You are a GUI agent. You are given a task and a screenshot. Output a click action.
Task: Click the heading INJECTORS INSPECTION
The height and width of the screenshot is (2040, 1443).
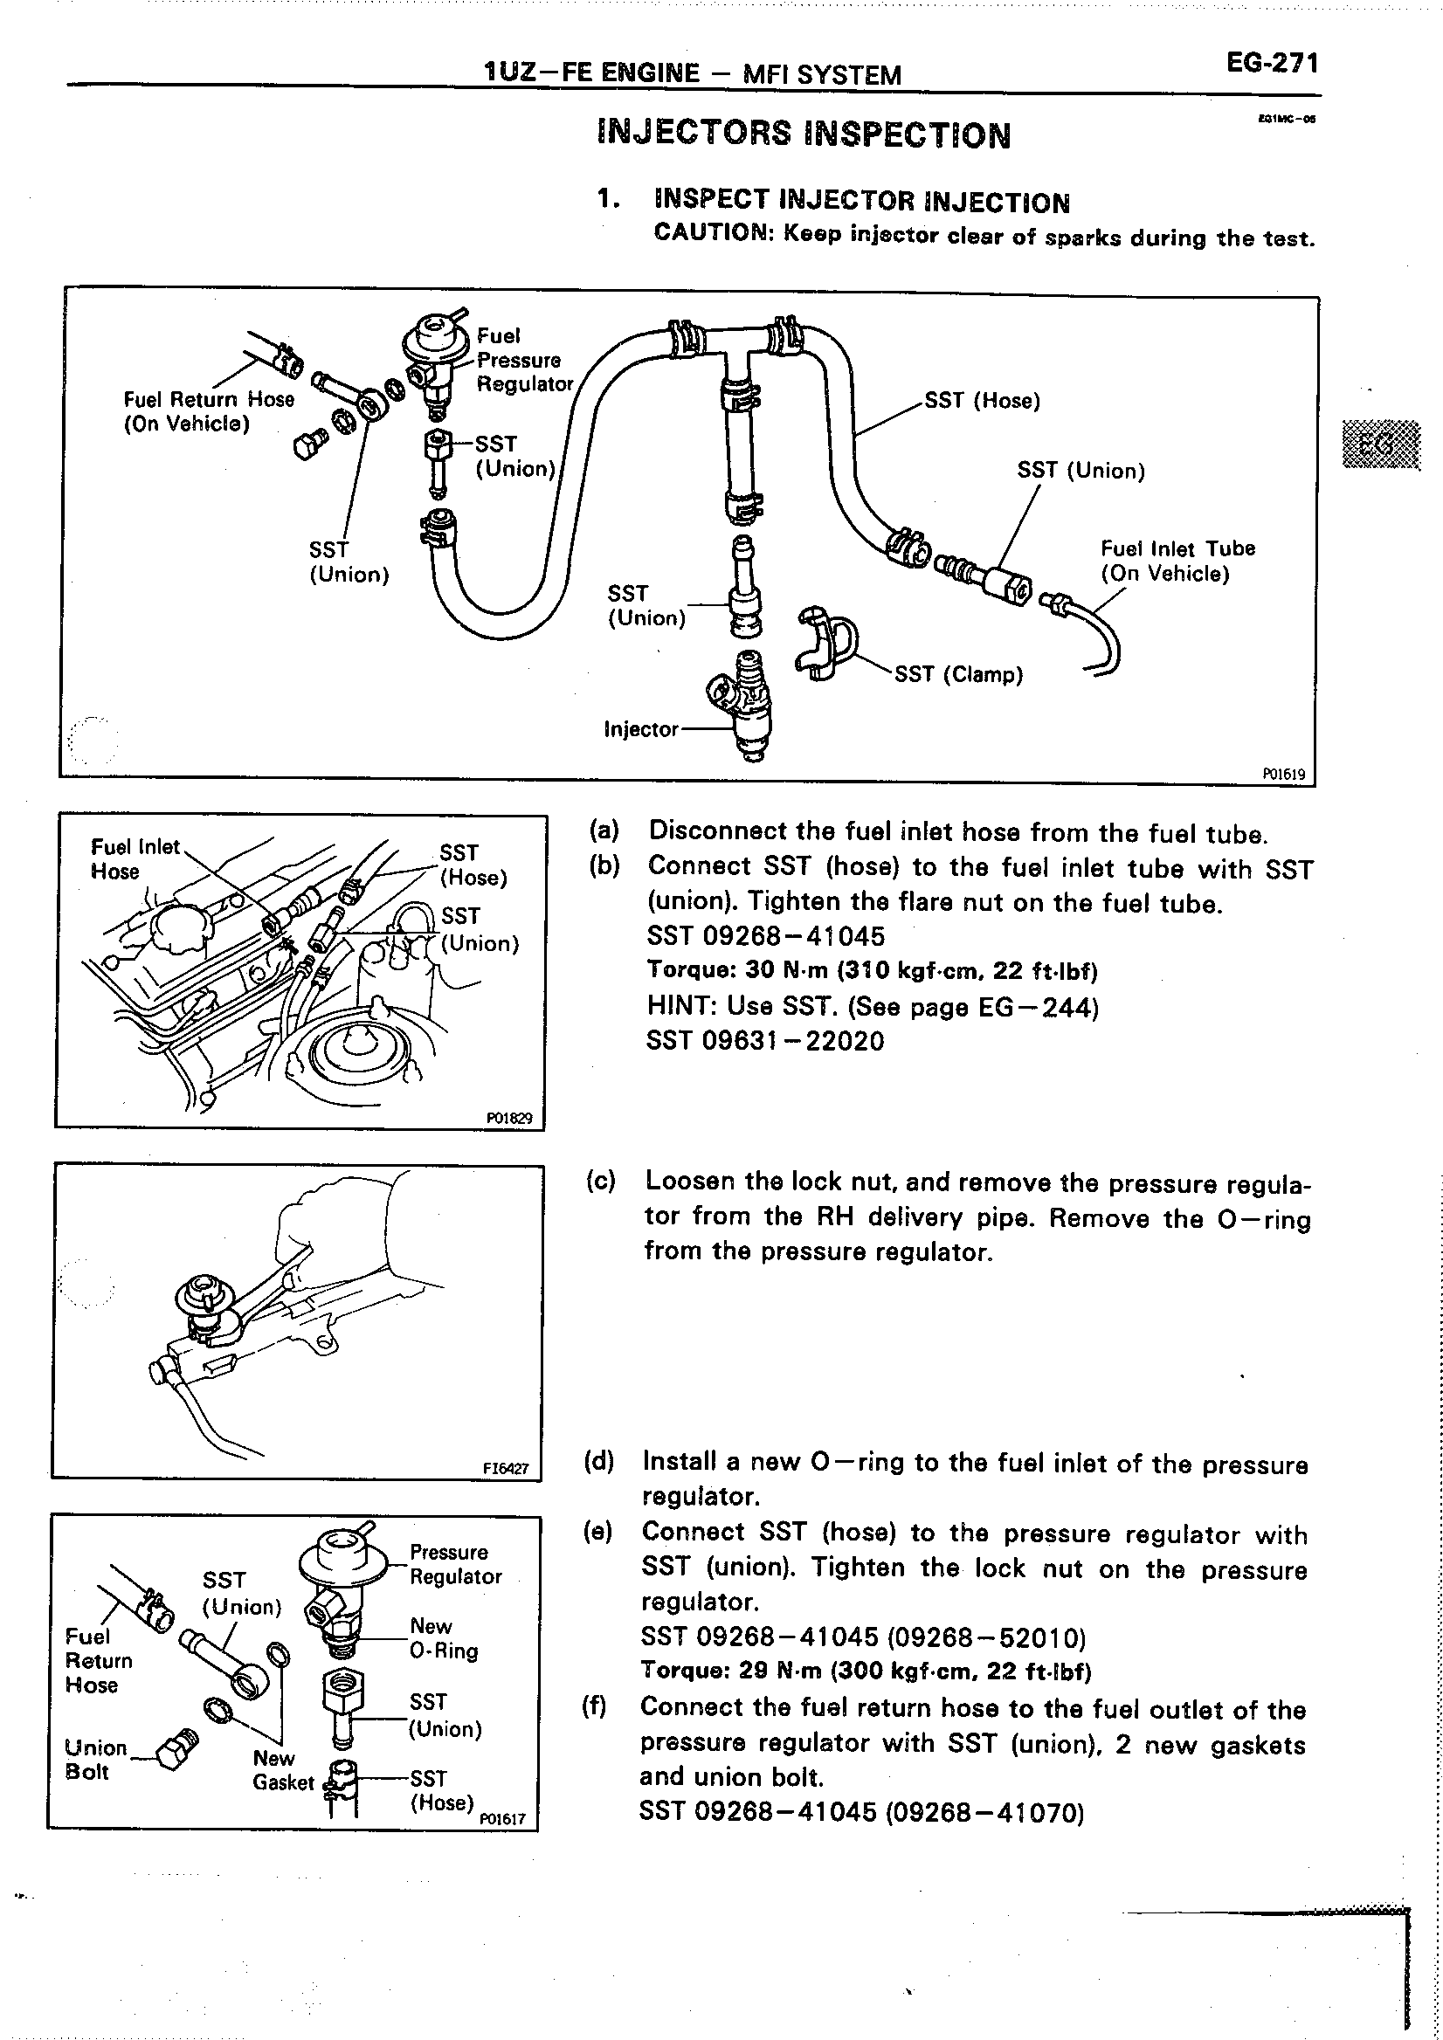pyautogui.click(x=804, y=134)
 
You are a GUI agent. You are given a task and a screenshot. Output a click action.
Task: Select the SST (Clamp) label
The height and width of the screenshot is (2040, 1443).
pyautogui.click(x=958, y=674)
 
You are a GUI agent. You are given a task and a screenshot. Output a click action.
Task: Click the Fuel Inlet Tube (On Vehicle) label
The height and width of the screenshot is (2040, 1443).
pyautogui.click(x=1177, y=561)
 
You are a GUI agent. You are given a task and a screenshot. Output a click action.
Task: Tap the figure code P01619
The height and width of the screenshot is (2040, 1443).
pyautogui.click(x=1283, y=774)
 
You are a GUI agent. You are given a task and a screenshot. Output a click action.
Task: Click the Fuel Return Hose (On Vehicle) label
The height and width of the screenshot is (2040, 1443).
pyautogui.click(x=208, y=411)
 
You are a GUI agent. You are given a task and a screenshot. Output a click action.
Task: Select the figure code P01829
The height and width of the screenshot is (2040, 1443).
pyautogui.click(x=509, y=1118)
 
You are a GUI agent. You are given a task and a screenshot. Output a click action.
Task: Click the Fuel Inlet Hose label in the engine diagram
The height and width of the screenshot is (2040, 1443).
pyautogui.click(x=135, y=859)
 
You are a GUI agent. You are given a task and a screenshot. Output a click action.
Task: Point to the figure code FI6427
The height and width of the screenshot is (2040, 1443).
pyautogui.click(x=506, y=1469)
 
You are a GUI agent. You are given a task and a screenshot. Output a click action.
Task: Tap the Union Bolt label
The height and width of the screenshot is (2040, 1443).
pyautogui.click(x=95, y=1759)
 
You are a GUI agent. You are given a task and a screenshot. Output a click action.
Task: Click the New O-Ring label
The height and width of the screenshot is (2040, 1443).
pyautogui.click(x=444, y=1638)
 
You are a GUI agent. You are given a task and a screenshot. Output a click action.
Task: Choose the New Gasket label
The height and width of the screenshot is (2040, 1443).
pyautogui.click(x=282, y=1770)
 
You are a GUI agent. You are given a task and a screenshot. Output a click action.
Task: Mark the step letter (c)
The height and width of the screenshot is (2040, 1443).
pyautogui.click(x=601, y=1181)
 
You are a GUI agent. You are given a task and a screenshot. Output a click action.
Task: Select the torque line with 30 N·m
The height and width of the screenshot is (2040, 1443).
pyautogui.click(x=871, y=970)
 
